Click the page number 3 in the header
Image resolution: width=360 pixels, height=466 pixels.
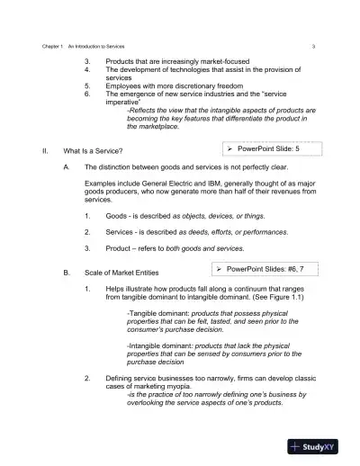312,44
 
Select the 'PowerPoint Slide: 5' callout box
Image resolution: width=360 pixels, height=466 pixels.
267,147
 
